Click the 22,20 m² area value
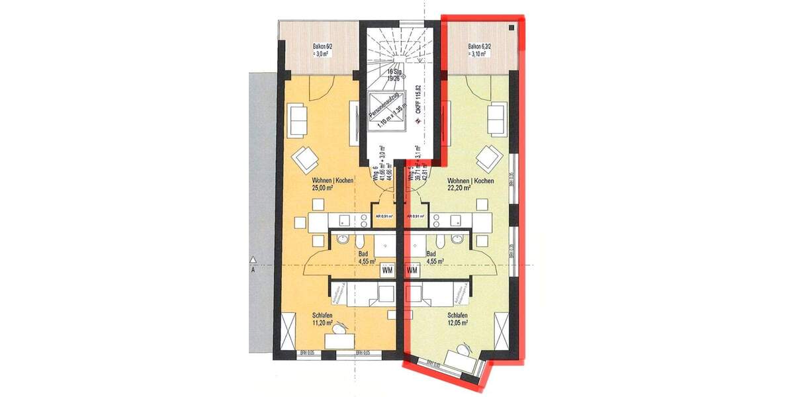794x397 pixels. (459, 188)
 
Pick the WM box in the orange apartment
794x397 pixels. (388, 271)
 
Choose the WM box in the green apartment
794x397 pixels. (412, 271)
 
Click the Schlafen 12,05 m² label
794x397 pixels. (457, 319)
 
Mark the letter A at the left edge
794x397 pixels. (252, 270)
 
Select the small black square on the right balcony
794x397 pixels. (513, 28)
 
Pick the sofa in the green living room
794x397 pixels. (496, 116)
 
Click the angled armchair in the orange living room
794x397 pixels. (307, 158)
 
